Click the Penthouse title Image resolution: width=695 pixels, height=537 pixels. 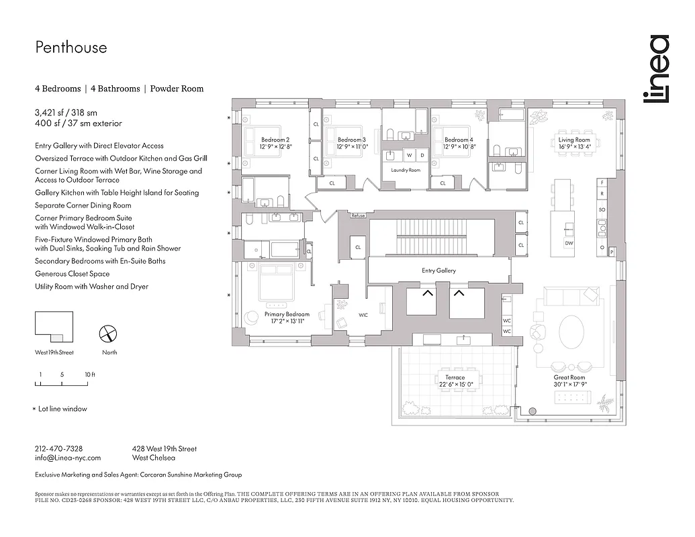[71, 48]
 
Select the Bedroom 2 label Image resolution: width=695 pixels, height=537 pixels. [275, 140]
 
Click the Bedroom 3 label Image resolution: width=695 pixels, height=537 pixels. [351, 140]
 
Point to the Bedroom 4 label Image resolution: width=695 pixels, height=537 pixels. [459, 140]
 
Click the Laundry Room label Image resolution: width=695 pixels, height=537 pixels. [405, 170]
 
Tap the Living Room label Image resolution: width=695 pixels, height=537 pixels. [574, 140]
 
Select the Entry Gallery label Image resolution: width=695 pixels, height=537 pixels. [438, 271]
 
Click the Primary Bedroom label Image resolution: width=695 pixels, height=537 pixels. [287, 314]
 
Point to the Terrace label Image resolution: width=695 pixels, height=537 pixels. [455, 378]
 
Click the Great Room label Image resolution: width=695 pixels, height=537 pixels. [569, 378]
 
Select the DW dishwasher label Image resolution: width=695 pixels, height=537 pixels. [569, 243]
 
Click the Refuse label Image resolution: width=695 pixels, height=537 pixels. [358, 215]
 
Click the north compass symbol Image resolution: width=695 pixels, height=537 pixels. [109, 334]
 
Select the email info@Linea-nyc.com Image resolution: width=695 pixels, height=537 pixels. [67, 458]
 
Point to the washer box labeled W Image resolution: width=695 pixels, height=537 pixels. [408, 155]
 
